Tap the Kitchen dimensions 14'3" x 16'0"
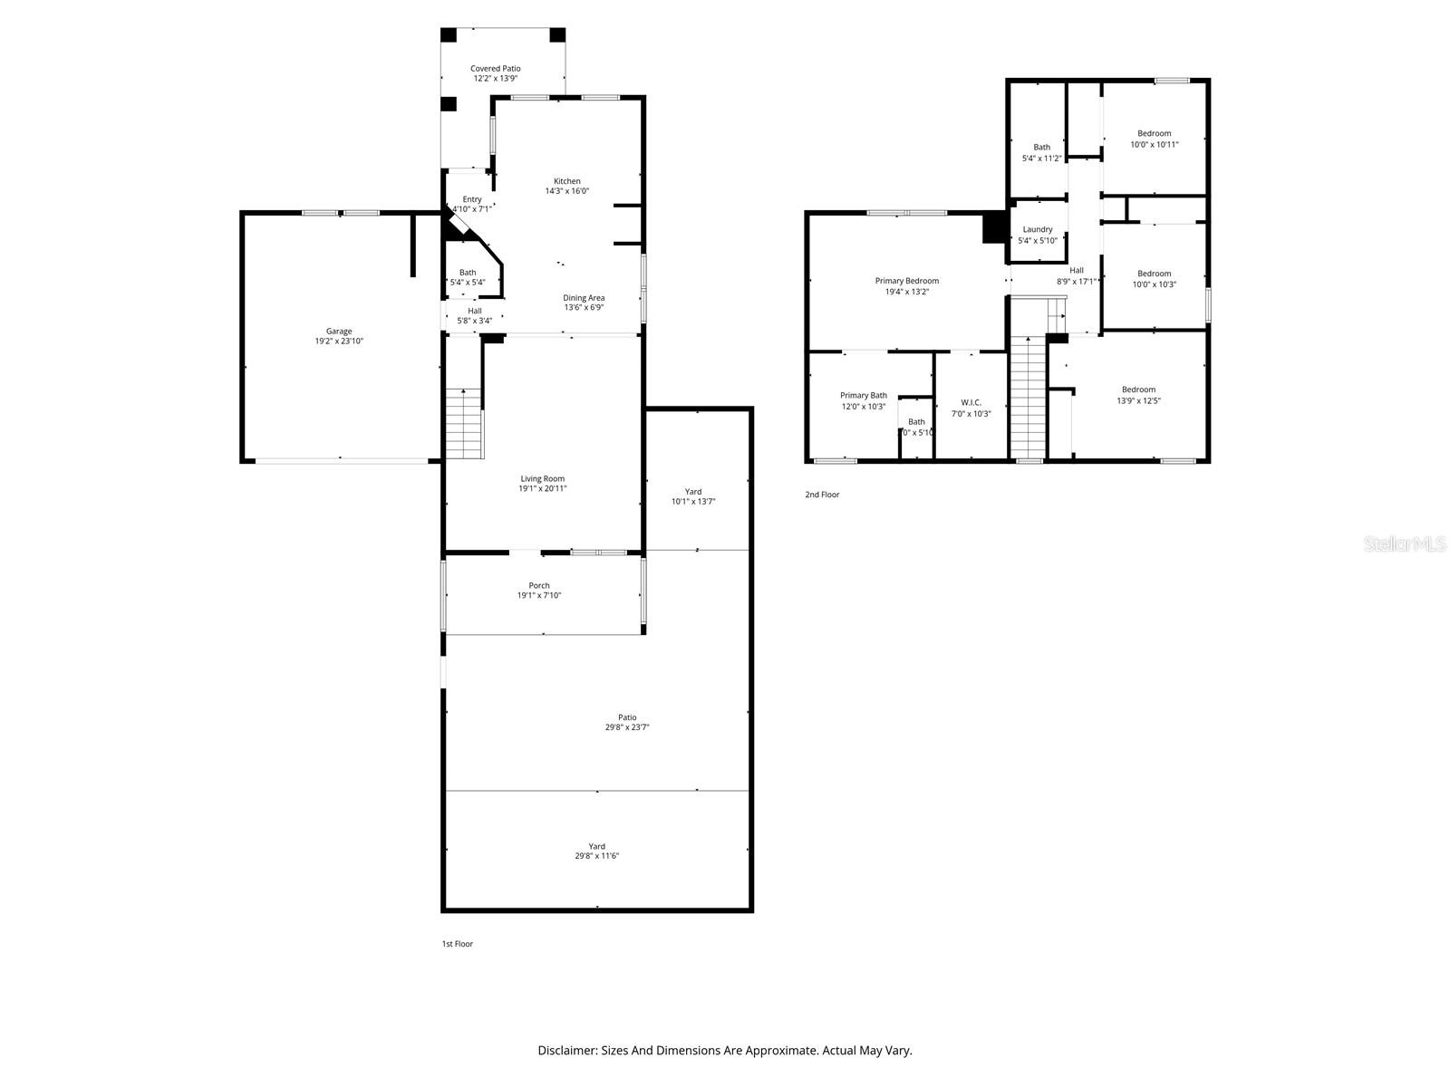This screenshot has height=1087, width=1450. pos(567,191)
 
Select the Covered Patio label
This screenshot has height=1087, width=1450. pos(495,69)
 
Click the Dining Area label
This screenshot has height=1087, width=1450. pos(584,298)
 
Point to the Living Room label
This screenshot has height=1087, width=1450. pos(542,479)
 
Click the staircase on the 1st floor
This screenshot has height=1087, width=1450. pos(464,424)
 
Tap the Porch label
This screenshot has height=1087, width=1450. pos(539,585)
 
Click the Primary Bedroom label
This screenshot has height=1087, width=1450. pos(906,281)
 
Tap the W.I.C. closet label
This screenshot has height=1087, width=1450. pos(971,403)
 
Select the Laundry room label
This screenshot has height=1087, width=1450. pos(1038,230)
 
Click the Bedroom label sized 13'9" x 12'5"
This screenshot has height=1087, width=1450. pos(1138,390)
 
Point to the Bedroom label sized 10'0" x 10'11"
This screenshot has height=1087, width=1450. pos(1154,134)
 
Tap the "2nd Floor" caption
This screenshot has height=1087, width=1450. pos(822,495)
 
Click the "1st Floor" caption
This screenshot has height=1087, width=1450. pos(457,944)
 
